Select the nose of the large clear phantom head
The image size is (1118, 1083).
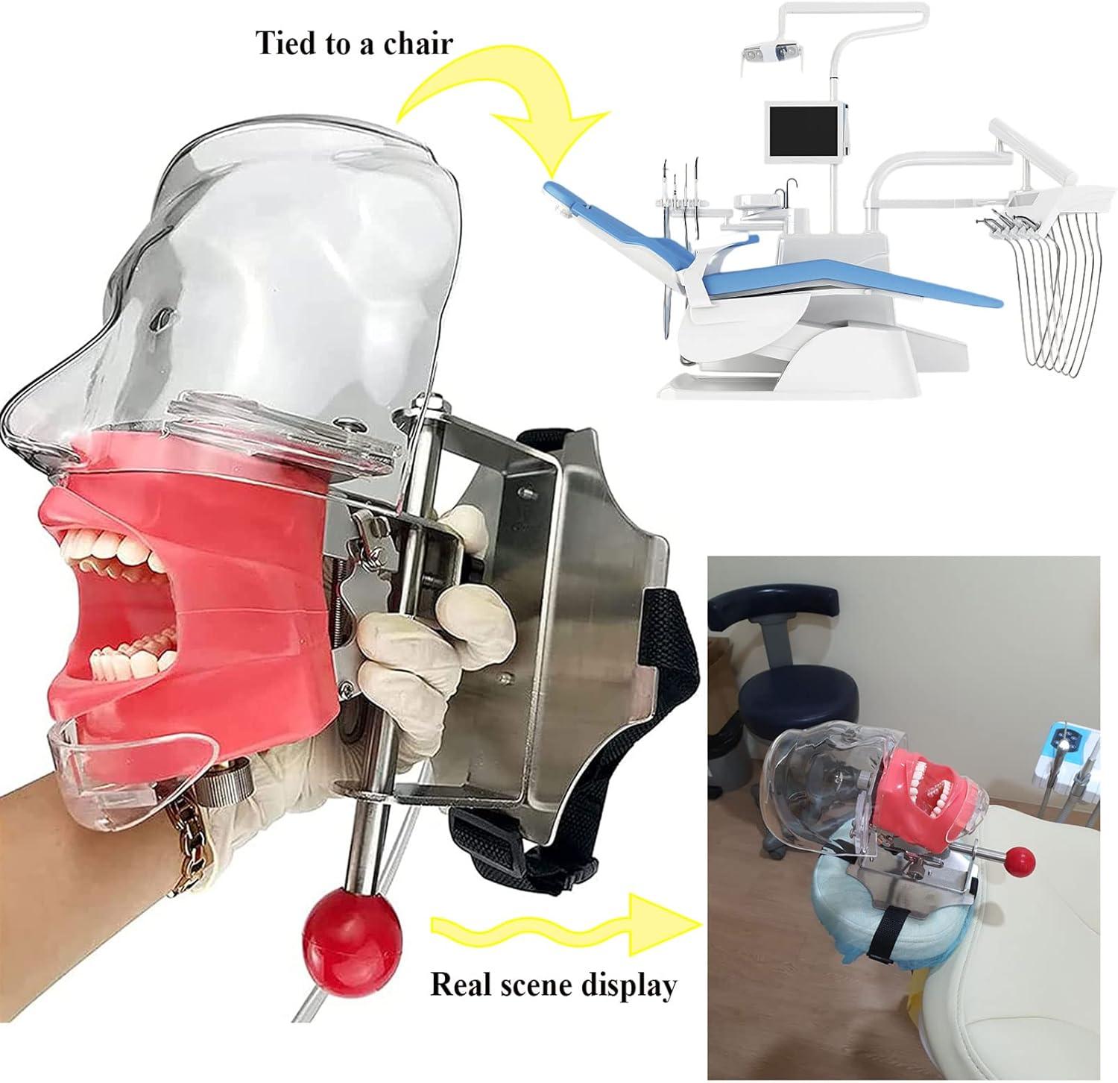click(34, 392)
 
